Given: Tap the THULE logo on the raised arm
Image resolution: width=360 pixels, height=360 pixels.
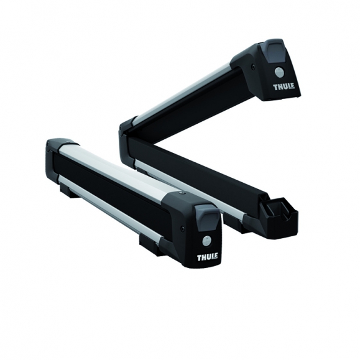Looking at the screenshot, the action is point(284,87).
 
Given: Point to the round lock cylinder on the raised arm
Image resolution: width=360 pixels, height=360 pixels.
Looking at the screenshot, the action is point(279,72).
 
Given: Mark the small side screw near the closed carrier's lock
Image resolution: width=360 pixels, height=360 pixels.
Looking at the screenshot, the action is point(182,229).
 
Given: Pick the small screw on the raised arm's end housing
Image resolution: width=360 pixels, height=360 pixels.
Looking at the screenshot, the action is point(253,67).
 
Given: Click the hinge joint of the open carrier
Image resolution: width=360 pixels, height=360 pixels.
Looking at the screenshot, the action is point(127,138).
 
